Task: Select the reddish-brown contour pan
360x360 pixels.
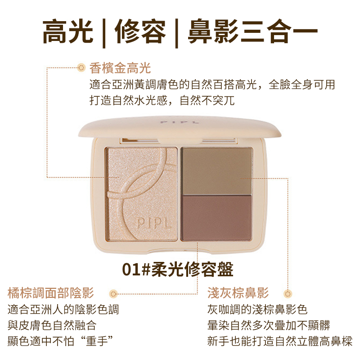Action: pos(217,217)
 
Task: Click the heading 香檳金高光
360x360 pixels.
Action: pos(120,68)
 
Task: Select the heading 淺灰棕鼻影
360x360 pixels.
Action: pos(238,293)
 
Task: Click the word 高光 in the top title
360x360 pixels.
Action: pos(68,31)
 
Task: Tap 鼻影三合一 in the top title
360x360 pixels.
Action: pos(252,31)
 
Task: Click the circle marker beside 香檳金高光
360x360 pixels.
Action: pos(81,68)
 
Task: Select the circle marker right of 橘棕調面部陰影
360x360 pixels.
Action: pos(113,294)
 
